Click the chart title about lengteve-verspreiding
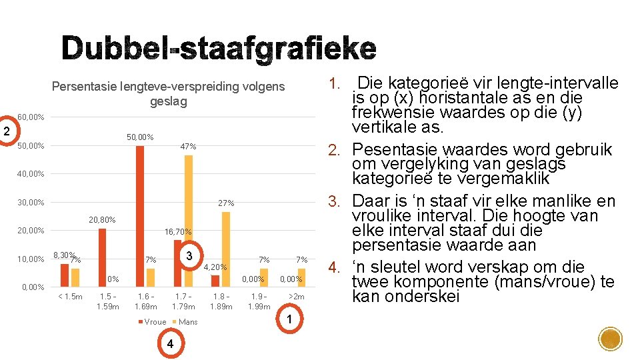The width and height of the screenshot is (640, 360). (168, 94)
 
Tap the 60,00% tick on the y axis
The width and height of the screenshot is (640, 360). (31, 117)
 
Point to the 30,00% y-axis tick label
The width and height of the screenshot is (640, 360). (31, 202)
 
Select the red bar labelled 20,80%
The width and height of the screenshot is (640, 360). (103, 257)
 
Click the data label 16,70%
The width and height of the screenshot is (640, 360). (179, 232)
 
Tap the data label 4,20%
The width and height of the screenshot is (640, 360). (216, 267)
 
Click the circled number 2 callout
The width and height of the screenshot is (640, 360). (6, 131)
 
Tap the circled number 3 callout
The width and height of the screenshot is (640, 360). (189, 257)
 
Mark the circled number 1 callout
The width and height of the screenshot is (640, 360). (289, 320)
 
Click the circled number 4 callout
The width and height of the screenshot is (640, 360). (171, 344)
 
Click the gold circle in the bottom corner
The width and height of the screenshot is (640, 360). (610, 339)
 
